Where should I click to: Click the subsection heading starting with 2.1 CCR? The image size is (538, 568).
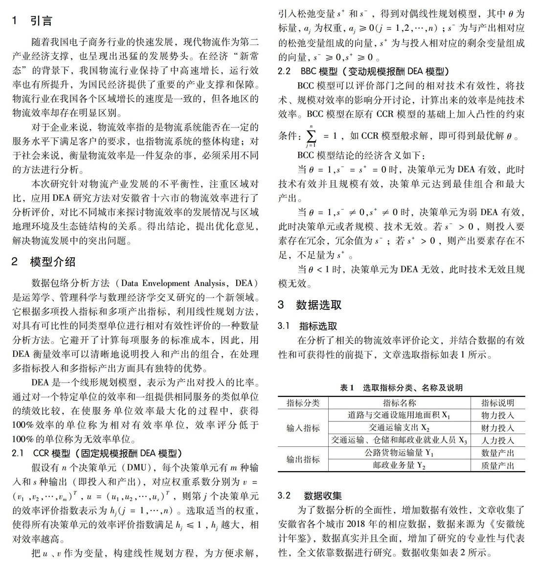(x=97, y=453)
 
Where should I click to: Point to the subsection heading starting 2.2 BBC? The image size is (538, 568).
(x=363, y=71)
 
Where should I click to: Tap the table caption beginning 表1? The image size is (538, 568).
(x=401, y=388)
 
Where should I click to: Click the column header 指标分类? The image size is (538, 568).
(x=303, y=403)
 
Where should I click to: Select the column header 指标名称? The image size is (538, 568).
(x=399, y=403)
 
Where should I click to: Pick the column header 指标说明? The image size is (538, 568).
(x=497, y=403)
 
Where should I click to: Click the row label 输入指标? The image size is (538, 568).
(x=303, y=428)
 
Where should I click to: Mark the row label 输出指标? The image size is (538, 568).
(x=303, y=459)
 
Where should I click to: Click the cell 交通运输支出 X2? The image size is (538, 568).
(x=399, y=428)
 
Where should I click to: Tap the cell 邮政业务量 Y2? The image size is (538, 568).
(x=399, y=465)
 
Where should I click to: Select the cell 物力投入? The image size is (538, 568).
(x=497, y=415)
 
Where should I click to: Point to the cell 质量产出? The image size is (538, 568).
(x=497, y=465)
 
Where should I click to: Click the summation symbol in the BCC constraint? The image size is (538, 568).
(x=311, y=135)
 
